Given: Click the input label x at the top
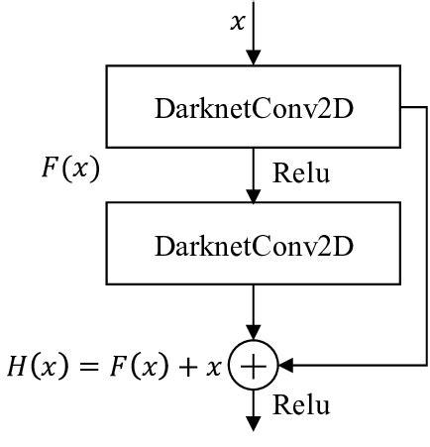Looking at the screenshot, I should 238,21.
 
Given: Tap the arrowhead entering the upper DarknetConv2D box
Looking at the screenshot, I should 255,58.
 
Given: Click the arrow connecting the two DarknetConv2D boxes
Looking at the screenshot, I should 255,178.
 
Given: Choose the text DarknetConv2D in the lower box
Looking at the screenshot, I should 255,245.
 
